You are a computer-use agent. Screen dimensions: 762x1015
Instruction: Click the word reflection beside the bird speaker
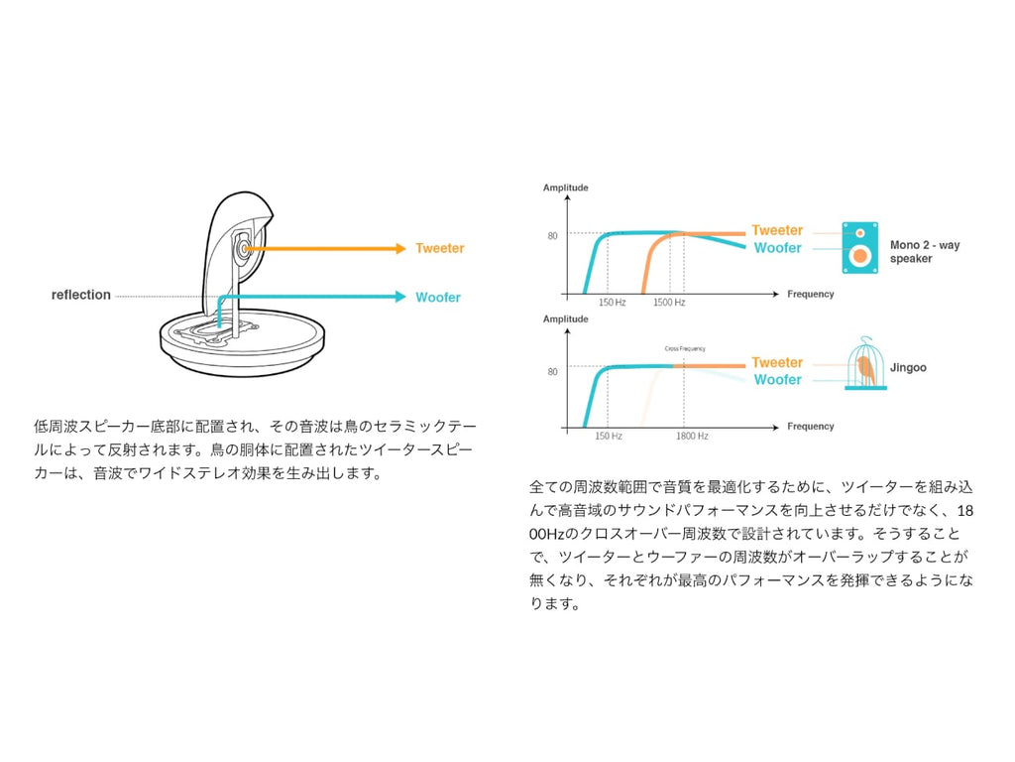click(x=81, y=295)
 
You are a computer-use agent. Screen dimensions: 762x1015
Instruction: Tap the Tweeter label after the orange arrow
click(x=439, y=248)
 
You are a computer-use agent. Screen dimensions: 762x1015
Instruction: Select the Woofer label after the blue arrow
click(x=437, y=297)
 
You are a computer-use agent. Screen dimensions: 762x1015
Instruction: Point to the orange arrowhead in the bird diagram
click(x=399, y=248)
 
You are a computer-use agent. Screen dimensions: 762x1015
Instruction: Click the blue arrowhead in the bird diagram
click(x=399, y=296)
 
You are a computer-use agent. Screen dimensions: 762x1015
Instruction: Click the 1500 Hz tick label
click(x=669, y=302)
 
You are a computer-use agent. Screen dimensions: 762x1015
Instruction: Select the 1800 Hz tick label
click(x=692, y=436)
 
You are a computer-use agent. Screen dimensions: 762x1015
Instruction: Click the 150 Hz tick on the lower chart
click(x=609, y=436)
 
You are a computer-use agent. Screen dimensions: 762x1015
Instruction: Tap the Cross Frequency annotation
click(x=685, y=349)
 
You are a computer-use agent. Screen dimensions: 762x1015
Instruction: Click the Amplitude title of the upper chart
click(x=566, y=188)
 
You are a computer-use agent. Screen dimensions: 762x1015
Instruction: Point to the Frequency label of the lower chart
click(x=810, y=427)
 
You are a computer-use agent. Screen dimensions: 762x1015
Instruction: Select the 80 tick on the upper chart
click(x=552, y=236)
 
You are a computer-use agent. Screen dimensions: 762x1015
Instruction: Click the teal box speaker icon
click(x=859, y=247)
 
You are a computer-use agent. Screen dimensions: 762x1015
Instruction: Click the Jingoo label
click(x=908, y=367)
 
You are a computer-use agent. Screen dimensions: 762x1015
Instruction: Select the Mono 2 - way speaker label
click(x=924, y=252)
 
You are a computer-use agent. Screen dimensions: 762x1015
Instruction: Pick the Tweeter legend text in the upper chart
click(x=777, y=230)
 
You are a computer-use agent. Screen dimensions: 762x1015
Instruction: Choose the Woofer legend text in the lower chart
click(x=777, y=380)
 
